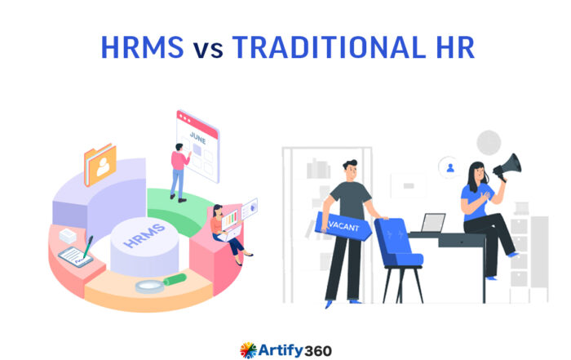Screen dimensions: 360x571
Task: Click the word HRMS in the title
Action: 142,47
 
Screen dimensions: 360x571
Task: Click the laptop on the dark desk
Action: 432,224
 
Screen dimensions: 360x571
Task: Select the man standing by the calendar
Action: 178,171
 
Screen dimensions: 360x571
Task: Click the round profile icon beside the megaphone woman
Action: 448,168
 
